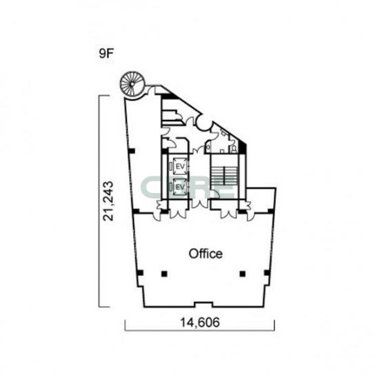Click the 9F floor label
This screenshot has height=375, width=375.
[x=105, y=54]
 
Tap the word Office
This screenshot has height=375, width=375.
[x=205, y=254]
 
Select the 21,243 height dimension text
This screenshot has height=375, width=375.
[x=108, y=201]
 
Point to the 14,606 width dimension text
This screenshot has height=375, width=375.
[x=200, y=322]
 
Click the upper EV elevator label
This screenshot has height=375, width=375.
[x=181, y=166]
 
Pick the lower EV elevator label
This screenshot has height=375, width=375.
[x=181, y=187]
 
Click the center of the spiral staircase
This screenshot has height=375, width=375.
[x=132, y=84]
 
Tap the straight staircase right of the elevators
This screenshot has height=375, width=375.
[x=224, y=176]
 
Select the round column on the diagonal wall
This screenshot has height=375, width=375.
[x=204, y=123]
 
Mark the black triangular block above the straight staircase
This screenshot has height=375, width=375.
[x=243, y=148]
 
